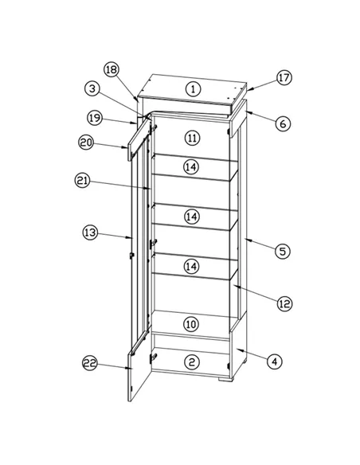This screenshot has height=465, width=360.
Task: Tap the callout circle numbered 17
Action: pyautogui.click(x=284, y=78)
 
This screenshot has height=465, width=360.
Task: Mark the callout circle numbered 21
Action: pyautogui.click(x=82, y=182)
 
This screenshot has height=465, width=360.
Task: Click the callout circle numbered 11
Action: pyautogui.click(x=191, y=138)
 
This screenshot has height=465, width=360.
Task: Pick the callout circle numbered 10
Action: pyautogui.click(x=191, y=324)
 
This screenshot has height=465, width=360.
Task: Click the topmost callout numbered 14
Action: pyautogui.click(x=191, y=167)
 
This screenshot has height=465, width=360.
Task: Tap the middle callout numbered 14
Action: pyautogui.click(x=191, y=217)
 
